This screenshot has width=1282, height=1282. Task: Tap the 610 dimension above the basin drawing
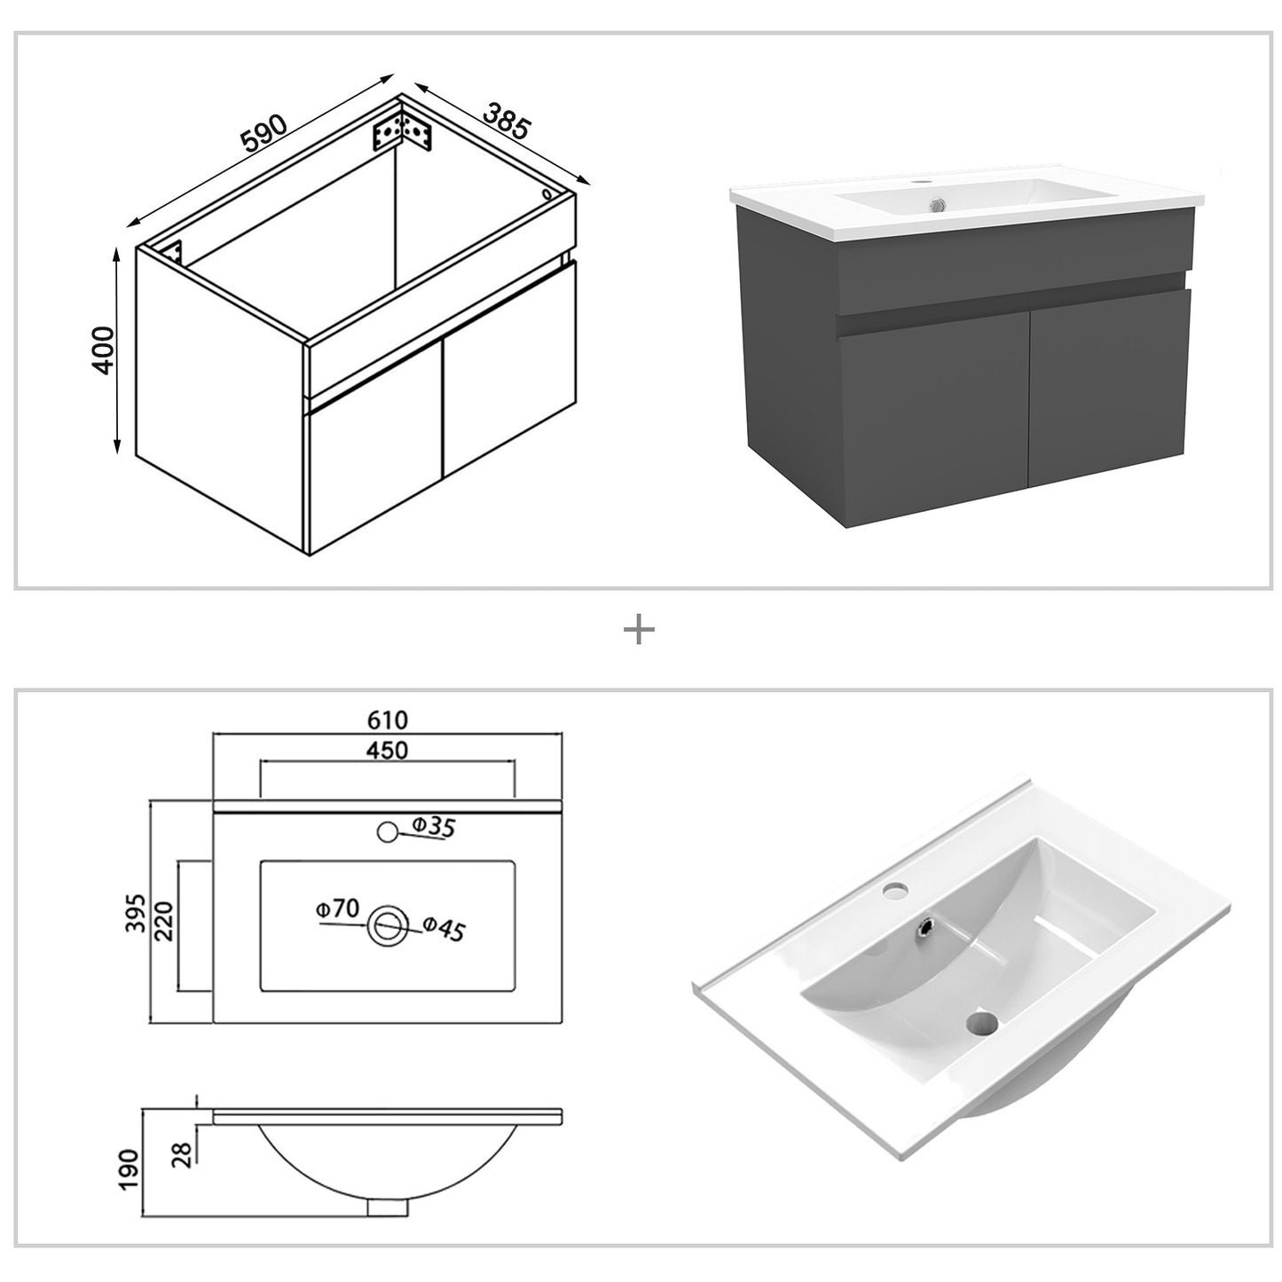[388, 720]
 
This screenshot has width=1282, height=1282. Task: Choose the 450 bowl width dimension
[388, 751]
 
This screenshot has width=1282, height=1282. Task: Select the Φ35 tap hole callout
[432, 827]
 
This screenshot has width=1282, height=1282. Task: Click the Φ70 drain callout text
[336, 908]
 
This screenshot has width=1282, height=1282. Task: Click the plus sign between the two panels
[639, 631]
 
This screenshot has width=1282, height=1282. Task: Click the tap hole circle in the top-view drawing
[387, 832]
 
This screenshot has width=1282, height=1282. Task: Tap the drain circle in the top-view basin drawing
[387, 925]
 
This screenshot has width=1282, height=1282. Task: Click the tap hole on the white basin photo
[897, 887]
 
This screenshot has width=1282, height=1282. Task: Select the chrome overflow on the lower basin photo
[926, 925]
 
